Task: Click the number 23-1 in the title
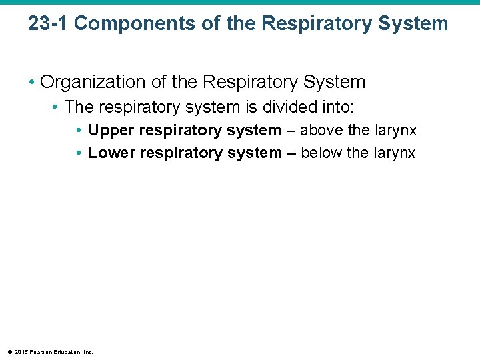point(48,24)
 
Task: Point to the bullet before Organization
point(32,83)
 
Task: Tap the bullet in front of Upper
point(79,131)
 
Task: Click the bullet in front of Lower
point(79,153)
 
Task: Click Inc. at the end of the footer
point(87,352)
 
